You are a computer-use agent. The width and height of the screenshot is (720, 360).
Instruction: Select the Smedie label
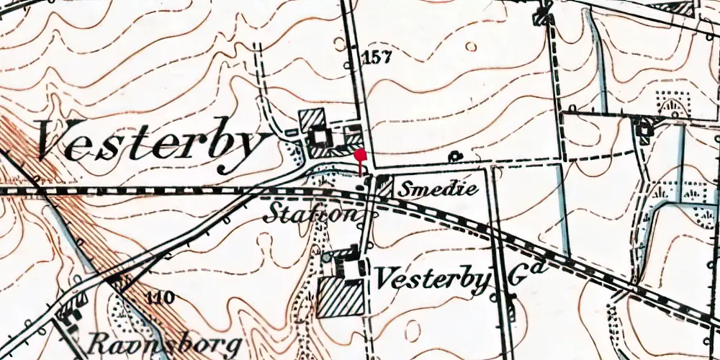[438, 189]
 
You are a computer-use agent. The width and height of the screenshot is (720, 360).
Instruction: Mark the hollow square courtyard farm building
[318, 136]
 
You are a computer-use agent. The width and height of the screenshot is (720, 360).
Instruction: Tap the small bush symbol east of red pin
[455, 155]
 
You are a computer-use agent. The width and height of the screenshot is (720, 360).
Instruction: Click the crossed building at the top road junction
[541, 17]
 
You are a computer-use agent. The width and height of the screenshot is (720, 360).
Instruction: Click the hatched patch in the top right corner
[681, 9]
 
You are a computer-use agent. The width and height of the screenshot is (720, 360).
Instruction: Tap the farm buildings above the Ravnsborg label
[71, 312]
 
